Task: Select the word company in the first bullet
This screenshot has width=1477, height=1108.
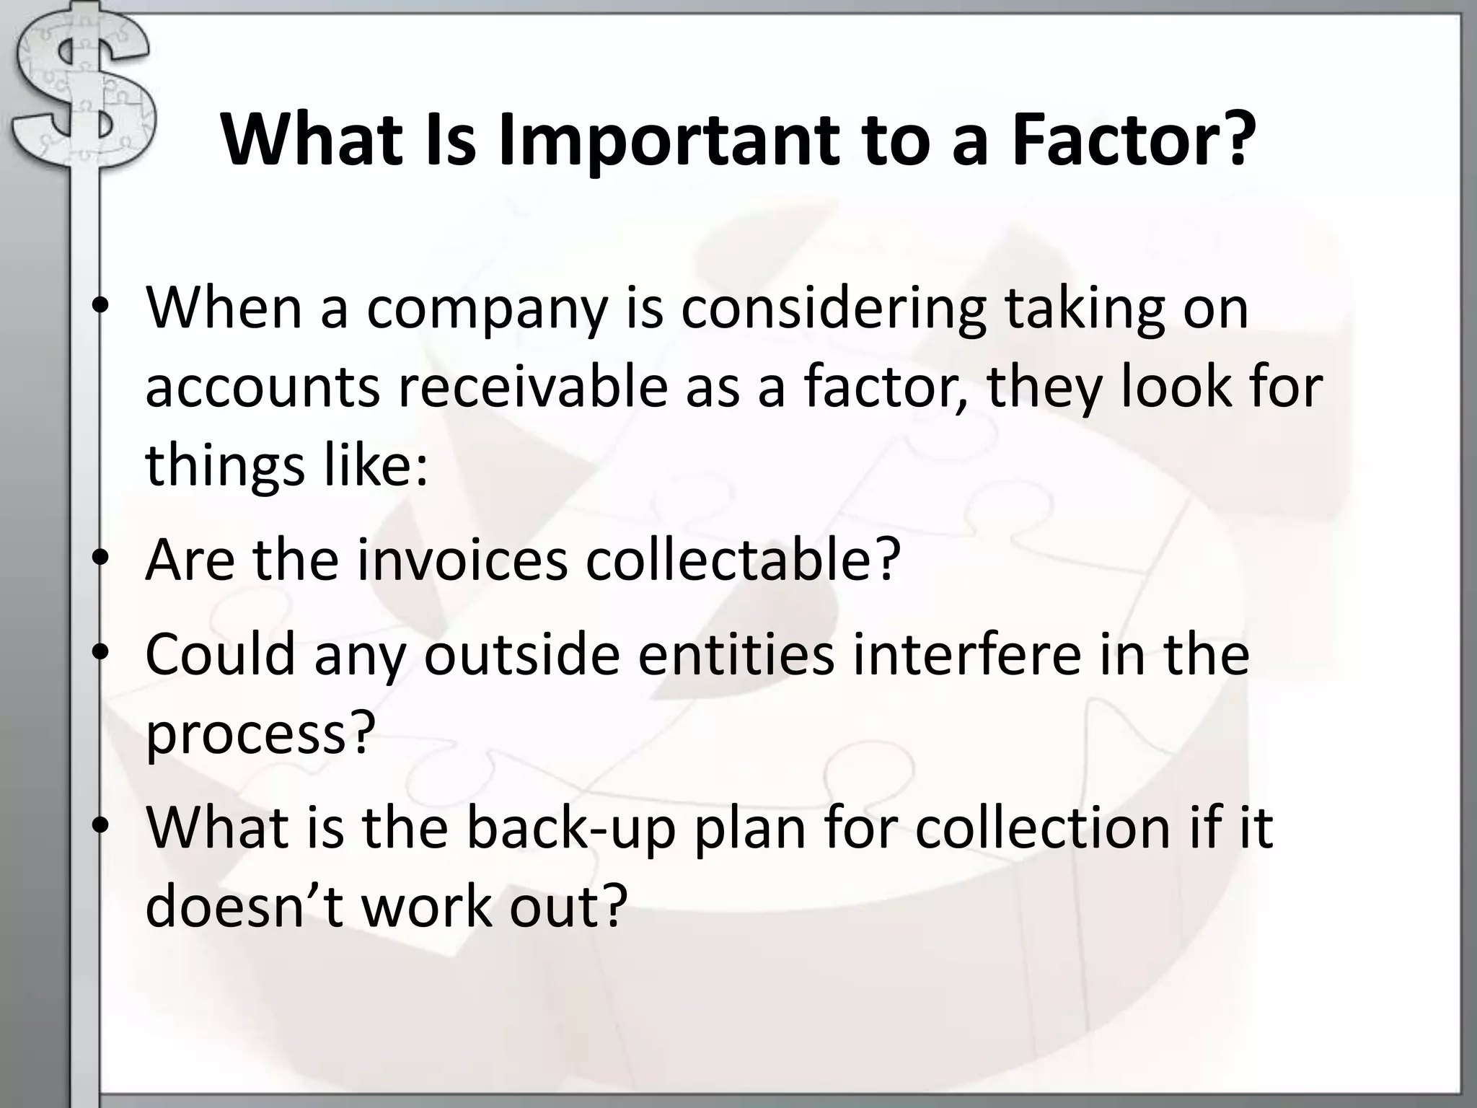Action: (x=488, y=309)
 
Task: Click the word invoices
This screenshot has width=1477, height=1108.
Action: (x=462, y=560)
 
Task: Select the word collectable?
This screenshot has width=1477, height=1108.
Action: (x=744, y=560)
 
